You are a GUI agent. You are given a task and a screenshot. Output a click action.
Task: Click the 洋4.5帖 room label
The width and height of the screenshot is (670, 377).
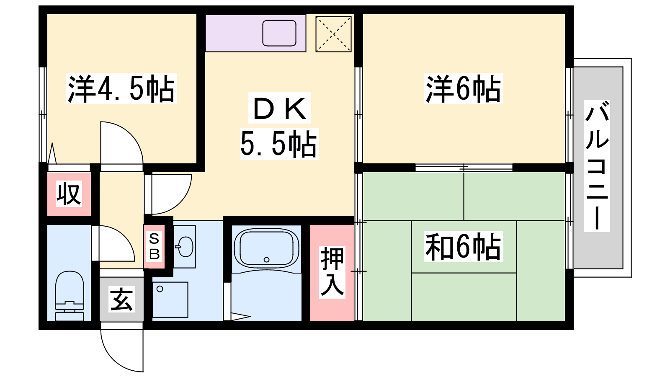click(x=121, y=89)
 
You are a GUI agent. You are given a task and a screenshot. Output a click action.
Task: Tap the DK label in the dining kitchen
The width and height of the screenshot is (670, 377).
click(x=279, y=108)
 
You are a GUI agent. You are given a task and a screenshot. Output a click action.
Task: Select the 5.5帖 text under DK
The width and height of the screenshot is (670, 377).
click(x=279, y=144)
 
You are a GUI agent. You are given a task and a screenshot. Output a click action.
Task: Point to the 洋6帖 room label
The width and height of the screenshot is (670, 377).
click(x=463, y=89)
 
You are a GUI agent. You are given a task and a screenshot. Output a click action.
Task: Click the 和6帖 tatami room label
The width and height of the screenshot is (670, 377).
click(x=463, y=247)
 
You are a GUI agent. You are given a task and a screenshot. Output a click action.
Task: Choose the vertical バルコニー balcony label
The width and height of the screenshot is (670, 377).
click(x=597, y=166)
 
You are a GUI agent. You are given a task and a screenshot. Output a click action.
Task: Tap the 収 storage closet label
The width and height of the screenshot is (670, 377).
click(x=69, y=194)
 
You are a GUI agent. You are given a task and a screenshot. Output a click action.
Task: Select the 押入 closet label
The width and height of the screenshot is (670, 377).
click(x=332, y=272)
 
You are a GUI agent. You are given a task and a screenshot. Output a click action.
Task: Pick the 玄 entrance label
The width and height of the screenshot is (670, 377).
click(x=121, y=299)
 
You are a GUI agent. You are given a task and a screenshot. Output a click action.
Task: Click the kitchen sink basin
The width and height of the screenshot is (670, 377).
click(x=279, y=33)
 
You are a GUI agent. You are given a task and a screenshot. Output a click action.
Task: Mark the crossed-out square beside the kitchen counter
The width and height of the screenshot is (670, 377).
click(x=333, y=34)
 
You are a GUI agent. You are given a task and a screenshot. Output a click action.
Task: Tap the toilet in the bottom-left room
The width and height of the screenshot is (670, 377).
click(x=70, y=296)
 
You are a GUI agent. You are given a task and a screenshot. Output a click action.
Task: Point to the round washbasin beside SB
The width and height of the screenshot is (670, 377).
click(x=186, y=247)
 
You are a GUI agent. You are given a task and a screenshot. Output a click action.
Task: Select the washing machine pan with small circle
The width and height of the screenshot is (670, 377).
click(x=170, y=300)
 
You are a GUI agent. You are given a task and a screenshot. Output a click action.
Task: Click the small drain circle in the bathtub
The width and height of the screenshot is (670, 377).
click(x=266, y=260)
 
